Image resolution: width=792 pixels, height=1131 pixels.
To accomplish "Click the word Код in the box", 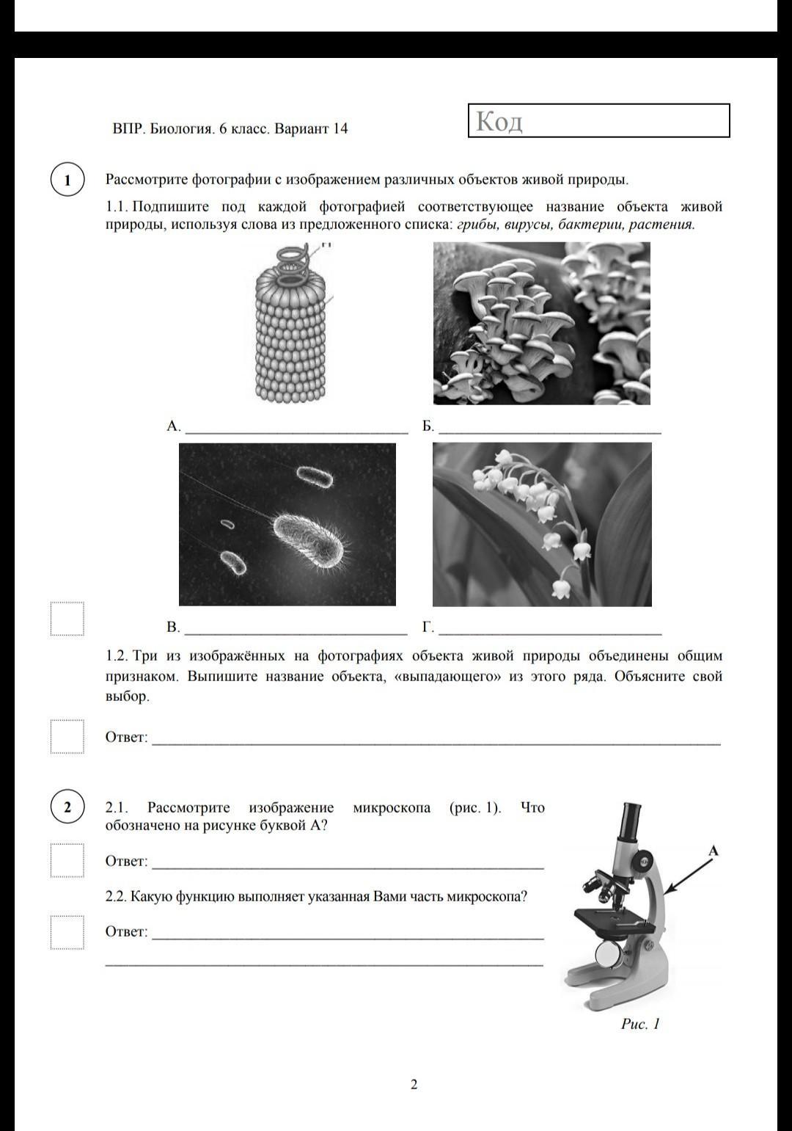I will tap(499, 121).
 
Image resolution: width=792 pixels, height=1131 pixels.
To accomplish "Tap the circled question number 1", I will tap(67, 180).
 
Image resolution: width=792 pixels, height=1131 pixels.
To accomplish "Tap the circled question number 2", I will tap(67, 807).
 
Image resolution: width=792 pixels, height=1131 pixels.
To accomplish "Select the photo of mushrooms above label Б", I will tap(541, 323).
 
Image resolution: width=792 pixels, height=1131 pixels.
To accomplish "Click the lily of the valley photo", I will tap(541, 524).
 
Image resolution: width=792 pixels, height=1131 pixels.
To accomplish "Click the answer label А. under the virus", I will tap(173, 426).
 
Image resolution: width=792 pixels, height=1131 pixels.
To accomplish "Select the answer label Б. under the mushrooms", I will tap(428, 426).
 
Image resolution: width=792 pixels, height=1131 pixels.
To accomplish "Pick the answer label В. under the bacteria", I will tap(173, 628).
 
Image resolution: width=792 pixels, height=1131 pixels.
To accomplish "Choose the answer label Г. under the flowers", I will tap(428, 628).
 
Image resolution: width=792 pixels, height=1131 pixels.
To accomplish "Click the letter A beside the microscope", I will tap(713, 851).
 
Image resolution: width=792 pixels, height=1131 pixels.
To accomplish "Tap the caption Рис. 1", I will tap(640, 1024).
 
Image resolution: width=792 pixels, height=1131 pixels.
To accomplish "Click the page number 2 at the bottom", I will tap(414, 1084).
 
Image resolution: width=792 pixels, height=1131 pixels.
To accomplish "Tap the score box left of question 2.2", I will tap(67, 932).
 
